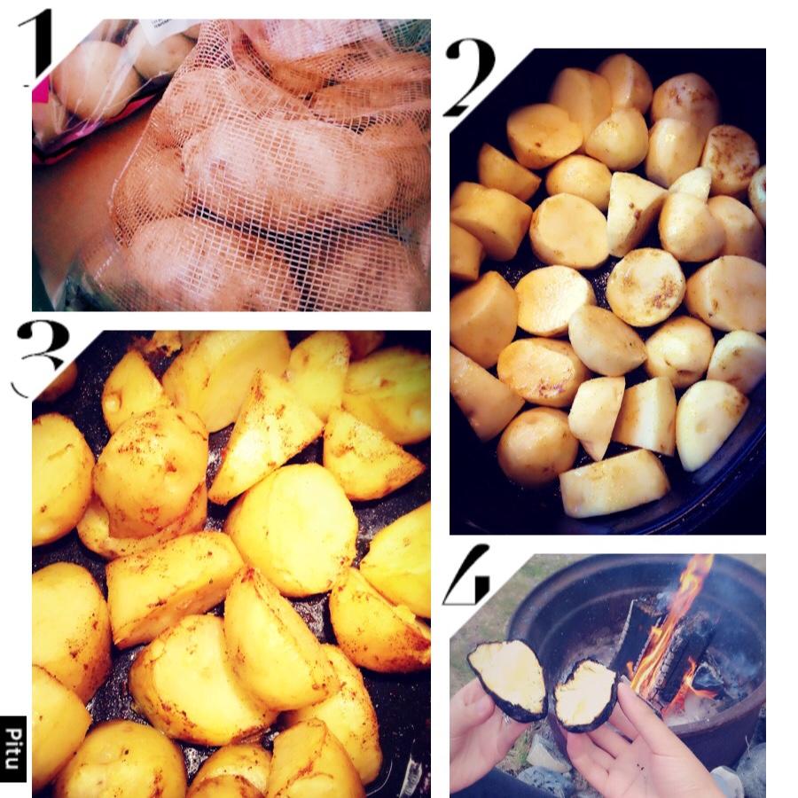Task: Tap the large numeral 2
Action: [x=469, y=76]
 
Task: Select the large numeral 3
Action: [x=42, y=356]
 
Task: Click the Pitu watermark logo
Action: [x=13, y=748]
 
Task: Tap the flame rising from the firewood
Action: [x=667, y=626]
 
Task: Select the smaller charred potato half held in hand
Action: [x=585, y=694]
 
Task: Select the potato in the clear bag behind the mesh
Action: [x=94, y=79]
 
